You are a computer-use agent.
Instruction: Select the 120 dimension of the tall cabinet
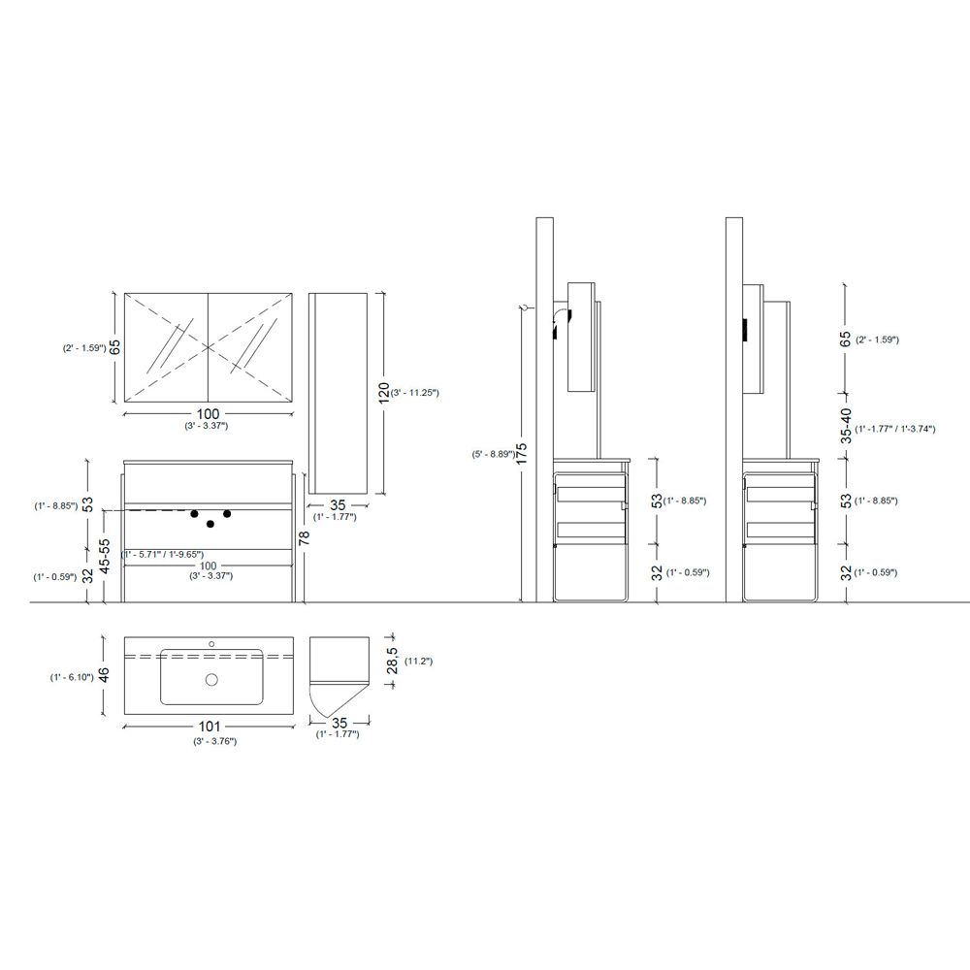(x=383, y=394)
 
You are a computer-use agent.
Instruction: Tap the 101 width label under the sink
(x=210, y=727)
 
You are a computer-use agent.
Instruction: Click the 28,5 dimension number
(x=392, y=660)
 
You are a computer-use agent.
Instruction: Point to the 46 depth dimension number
(x=104, y=674)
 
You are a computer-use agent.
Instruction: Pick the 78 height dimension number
(x=304, y=537)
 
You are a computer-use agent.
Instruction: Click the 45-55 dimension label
(x=105, y=556)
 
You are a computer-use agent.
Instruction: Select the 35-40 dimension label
(x=846, y=426)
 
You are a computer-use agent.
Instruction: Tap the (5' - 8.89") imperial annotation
(x=493, y=454)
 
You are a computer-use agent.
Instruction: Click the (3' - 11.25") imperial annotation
(x=414, y=392)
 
